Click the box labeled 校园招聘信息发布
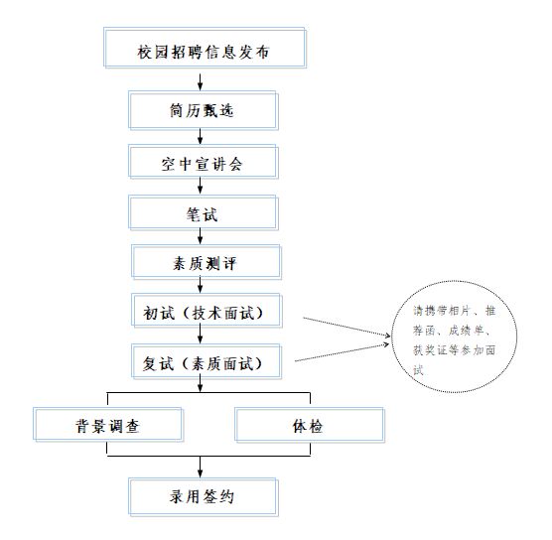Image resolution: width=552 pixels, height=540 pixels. click(x=205, y=48)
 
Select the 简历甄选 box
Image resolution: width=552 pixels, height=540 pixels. click(x=204, y=110)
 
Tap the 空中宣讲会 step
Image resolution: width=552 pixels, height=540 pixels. click(x=204, y=162)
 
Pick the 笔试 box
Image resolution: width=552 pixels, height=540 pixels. click(x=204, y=212)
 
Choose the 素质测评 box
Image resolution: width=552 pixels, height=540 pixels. click(x=207, y=262)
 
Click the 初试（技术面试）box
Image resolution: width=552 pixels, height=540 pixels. click(x=207, y=311)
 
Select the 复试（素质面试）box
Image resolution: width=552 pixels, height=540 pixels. click(x=207, y=361)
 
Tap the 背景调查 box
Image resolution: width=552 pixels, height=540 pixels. click(x=108, y=425)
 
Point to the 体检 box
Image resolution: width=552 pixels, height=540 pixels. click(x=310, y=425)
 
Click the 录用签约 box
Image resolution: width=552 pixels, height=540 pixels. click(x=204, y=497)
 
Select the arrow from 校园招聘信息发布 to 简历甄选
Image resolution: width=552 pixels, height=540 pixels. click(x=200, y=81)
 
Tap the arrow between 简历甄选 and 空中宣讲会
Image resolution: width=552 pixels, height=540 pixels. click(x=200, y=137)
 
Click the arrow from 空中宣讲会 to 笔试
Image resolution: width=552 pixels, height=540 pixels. click(x=200, y=186)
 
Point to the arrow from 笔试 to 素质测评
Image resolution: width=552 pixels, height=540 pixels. click(x=200, y=236)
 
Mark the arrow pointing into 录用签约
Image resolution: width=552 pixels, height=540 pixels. click(x=200, y=467)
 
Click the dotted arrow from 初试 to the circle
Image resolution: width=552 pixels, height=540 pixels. click(x=346, y=327)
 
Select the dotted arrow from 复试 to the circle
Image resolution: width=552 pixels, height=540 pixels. click(x=342, y=352)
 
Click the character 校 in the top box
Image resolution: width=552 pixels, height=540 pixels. click(x=145, y=52)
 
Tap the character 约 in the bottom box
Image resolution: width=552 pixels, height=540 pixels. click(x=226, y=496)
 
